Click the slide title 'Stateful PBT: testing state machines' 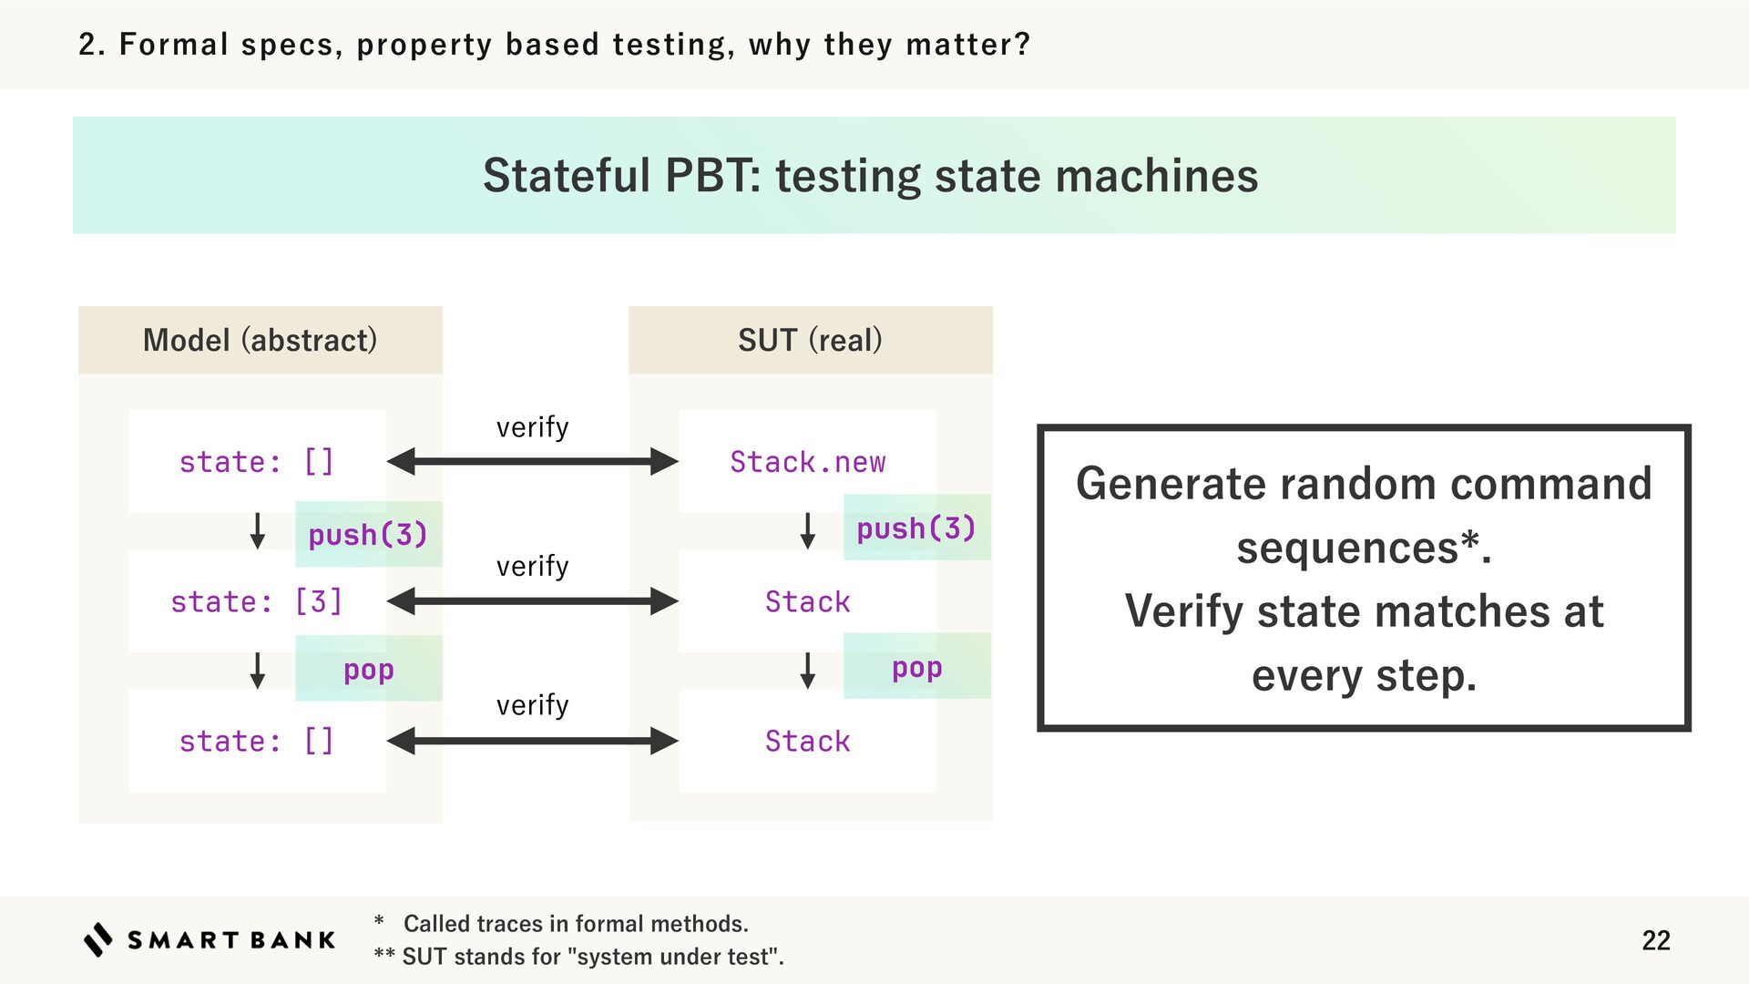coord(870,175)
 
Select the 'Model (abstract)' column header coord(260,340)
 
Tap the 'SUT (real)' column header coord(810,340)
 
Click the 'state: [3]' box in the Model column coord(257,601)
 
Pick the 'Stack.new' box coord(807,462)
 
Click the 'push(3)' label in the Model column coord(368,535)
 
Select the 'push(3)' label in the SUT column coord(916,528)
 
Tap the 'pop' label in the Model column coord(368,670)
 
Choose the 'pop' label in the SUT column coord(916,668)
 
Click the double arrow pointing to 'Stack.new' coord(533,462)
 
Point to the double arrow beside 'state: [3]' coord(533,601)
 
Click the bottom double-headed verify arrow coord(533,741)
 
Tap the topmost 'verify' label coord(533,427)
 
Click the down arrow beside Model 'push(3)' coord(258,531)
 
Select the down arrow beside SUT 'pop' coord(807,671)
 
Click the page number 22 coord(1655,940)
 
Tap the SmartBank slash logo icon coord(98,939)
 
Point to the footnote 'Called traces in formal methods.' coord(576,924)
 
